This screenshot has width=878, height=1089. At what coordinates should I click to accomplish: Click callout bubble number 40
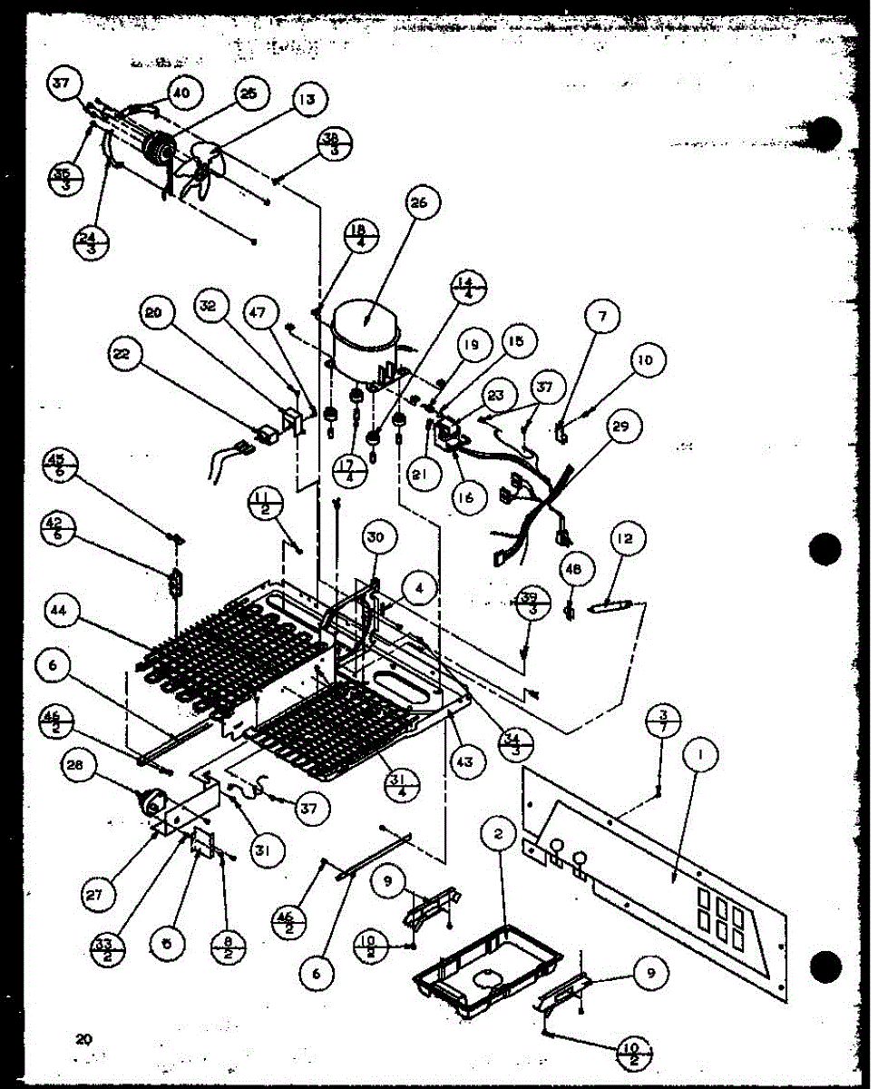[183, 93]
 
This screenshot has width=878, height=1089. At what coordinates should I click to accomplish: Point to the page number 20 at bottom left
[83, 1039]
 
